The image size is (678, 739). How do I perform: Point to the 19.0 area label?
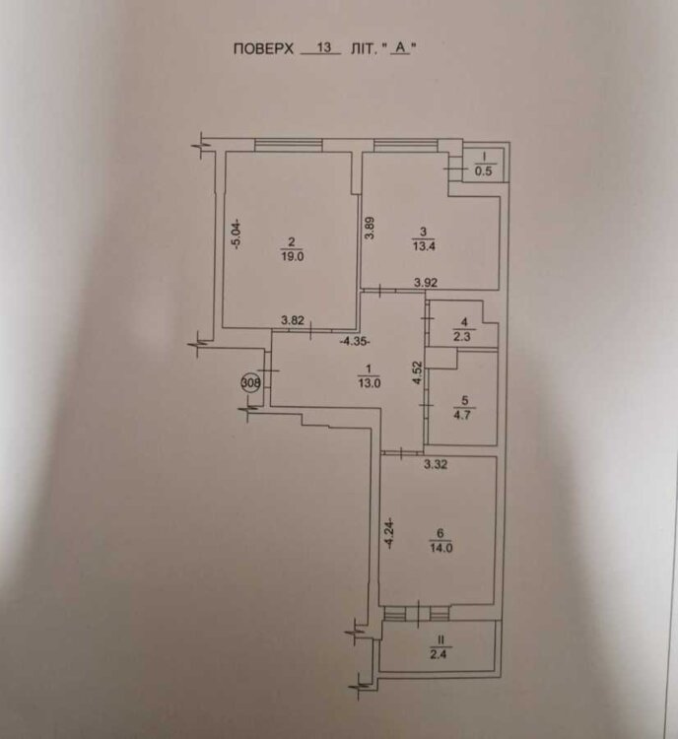pos(292,253)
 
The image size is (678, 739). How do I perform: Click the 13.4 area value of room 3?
pos(423,247)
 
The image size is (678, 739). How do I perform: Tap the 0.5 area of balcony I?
pos(484,171)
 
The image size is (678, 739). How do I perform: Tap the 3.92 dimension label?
pos(426,283)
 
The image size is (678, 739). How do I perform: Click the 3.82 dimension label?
pos(292,319)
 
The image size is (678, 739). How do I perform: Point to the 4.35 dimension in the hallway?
pos(354,342)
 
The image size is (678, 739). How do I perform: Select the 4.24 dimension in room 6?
pos(390,533)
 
